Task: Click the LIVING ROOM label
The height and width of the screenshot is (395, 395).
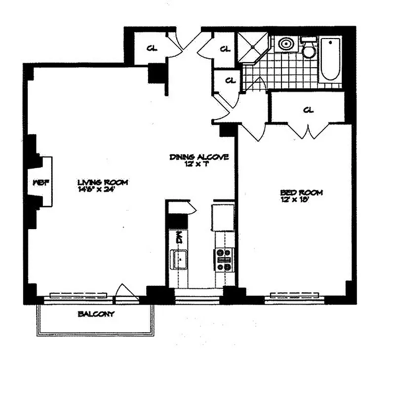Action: point(103,182)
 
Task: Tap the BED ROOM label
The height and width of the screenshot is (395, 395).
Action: point(301,192)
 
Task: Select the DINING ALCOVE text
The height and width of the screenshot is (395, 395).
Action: point(199,158)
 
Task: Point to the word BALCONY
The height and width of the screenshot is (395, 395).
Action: point(96,314)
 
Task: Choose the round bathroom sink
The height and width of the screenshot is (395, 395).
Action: point(286,44)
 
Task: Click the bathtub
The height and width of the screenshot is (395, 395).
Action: point(330,59)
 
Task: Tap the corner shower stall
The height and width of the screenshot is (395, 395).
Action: point(253,47)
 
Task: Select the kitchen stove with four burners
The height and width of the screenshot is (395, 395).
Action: point(223,260)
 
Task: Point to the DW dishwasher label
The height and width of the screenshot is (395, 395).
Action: point(179,237)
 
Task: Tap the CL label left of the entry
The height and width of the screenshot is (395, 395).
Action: point(152,48)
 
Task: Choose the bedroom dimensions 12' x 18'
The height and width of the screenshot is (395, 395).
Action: point(301,198)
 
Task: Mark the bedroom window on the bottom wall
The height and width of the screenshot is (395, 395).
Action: point(295,297)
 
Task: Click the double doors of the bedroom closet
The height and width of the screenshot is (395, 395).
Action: point(309,131)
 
